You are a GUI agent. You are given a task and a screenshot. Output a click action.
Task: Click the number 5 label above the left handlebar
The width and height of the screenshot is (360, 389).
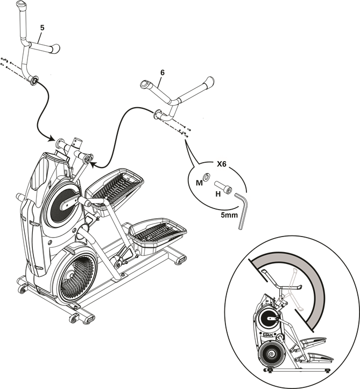click(x=43, y=27)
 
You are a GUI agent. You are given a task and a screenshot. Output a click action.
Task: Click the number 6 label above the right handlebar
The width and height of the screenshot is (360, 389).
click(x=162, y=72)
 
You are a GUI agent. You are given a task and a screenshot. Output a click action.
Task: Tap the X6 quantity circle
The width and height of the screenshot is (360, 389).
click(x=222, y=163)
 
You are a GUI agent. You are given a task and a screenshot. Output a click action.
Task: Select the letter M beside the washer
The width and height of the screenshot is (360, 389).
click(x=199, y=183)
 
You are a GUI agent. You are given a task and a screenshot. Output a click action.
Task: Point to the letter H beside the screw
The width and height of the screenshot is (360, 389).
click(x=218, y=193)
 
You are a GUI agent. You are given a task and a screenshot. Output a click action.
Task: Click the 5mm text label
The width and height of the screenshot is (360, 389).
click(x=229, y=214)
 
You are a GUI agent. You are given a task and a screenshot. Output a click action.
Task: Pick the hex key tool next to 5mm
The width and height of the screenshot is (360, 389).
click(x=243, y=213)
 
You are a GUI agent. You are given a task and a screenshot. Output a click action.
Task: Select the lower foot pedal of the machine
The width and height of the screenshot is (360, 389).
click(x=159, y=231)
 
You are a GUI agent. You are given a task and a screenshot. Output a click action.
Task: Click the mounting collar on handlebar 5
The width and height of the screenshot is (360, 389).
click(x=33, y=81)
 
